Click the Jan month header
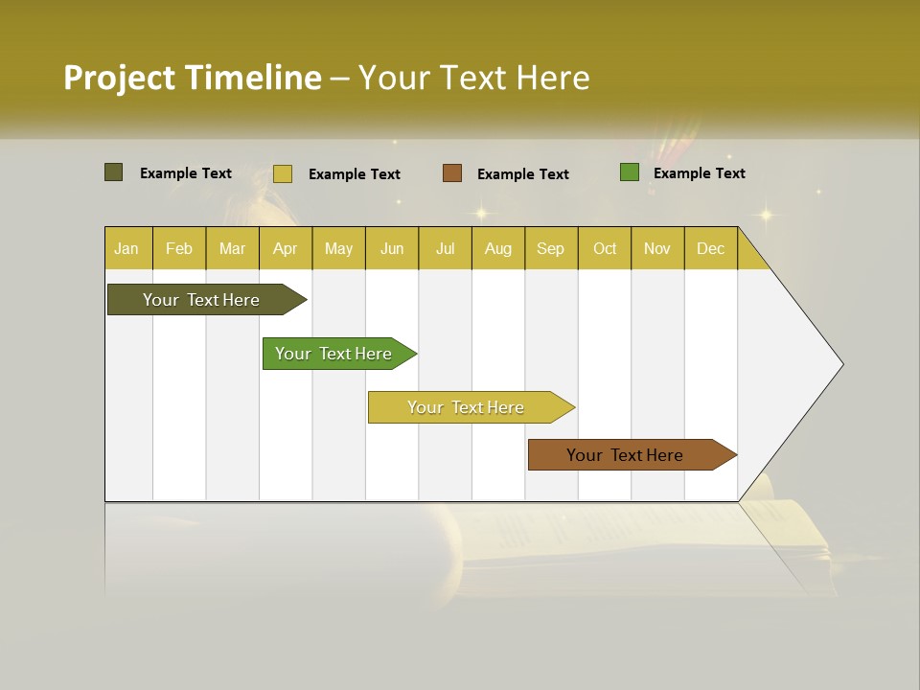(126, 248)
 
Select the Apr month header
(285, 248)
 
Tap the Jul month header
(445, 248)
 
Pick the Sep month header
(550, 248)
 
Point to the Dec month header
(710, 248)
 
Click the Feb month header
(179, 248)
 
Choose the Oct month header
(605, 248)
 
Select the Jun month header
(392, 248)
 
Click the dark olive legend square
(113, 172)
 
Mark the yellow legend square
(282, 173)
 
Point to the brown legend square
(452, 172)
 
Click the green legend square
(630, 172)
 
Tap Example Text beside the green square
(699, 173)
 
